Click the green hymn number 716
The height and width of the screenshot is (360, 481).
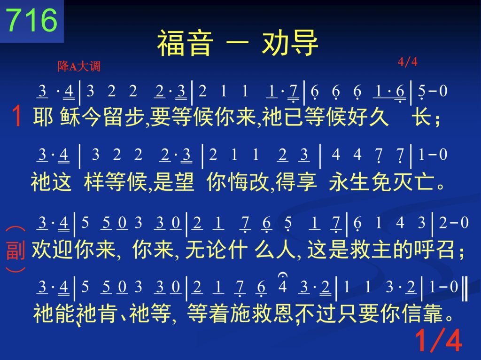[x=31, y=20]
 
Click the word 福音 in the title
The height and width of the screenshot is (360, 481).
[x=185, y=43]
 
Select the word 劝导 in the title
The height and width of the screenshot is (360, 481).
[x=290, y=43]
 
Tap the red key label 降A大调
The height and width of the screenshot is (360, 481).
[x=79, y=66]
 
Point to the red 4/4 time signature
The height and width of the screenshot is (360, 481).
[x=407, y=62]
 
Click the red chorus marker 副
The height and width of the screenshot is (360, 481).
[x=16, y=250]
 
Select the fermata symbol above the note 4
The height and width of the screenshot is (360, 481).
[x=282, y=275]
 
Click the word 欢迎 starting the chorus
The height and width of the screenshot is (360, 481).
[x=53, y=249]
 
